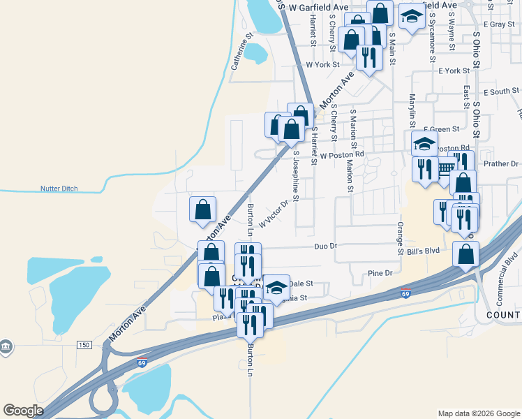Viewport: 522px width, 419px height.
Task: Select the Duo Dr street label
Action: pyautogui.click(x=325, y=246)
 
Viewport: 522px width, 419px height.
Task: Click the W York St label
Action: pyautogui.click(x=322, y=64)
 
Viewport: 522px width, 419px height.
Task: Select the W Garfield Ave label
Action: pyautogui.click(x=319, y=7)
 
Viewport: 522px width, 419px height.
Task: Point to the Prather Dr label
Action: pyautogui.click(x=502, y=164)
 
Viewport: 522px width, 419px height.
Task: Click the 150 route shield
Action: pyautogui.click(x=84, y=345)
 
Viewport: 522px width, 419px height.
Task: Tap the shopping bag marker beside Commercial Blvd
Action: pyautogui.click(x=465, y=255)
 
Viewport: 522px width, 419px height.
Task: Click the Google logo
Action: pyautogui.click(x=24, y=411)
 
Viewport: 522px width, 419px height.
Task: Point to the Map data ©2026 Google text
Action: pyautogui.click(x=478, y=413)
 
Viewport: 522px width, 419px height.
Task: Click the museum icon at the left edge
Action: pyautogui.click(x=6, y=346)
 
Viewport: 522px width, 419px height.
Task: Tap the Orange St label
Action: pyautogui.click(x=401, y=237)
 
